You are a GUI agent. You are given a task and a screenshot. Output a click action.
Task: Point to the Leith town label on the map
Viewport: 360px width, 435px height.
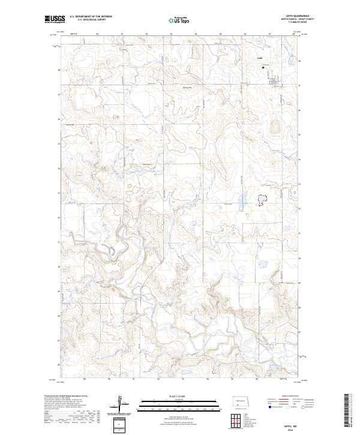click(260, 58)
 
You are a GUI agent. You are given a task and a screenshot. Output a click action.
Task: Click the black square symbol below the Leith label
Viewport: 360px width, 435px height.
click(263, 68)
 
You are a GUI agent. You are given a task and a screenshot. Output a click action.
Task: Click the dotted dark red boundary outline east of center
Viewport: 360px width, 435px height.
click(262, 200)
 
